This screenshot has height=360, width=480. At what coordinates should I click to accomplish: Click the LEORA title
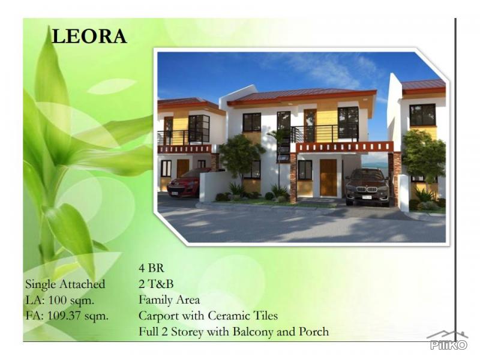(x=89, y=36)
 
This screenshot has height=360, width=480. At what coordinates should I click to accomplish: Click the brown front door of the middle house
(x=328, y=177)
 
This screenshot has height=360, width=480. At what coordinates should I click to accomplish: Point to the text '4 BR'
(x=151, y=269)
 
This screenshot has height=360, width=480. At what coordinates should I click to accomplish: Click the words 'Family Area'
(x=169, y=300)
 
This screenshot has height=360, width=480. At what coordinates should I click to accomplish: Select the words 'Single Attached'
(x=65, y=284)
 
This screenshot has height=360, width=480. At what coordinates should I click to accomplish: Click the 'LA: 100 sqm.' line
(x=59, y=300)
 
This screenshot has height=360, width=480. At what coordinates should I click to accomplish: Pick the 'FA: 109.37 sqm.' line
(x=67, y=316)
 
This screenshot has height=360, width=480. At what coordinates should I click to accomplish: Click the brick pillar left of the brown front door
(x=293, y=177)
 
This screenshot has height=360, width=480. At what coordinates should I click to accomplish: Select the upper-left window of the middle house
(x=251, y=122)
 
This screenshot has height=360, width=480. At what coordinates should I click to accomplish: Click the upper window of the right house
(x=422, y=115)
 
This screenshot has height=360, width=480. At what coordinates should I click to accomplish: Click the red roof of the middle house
(x=300, y=94)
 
